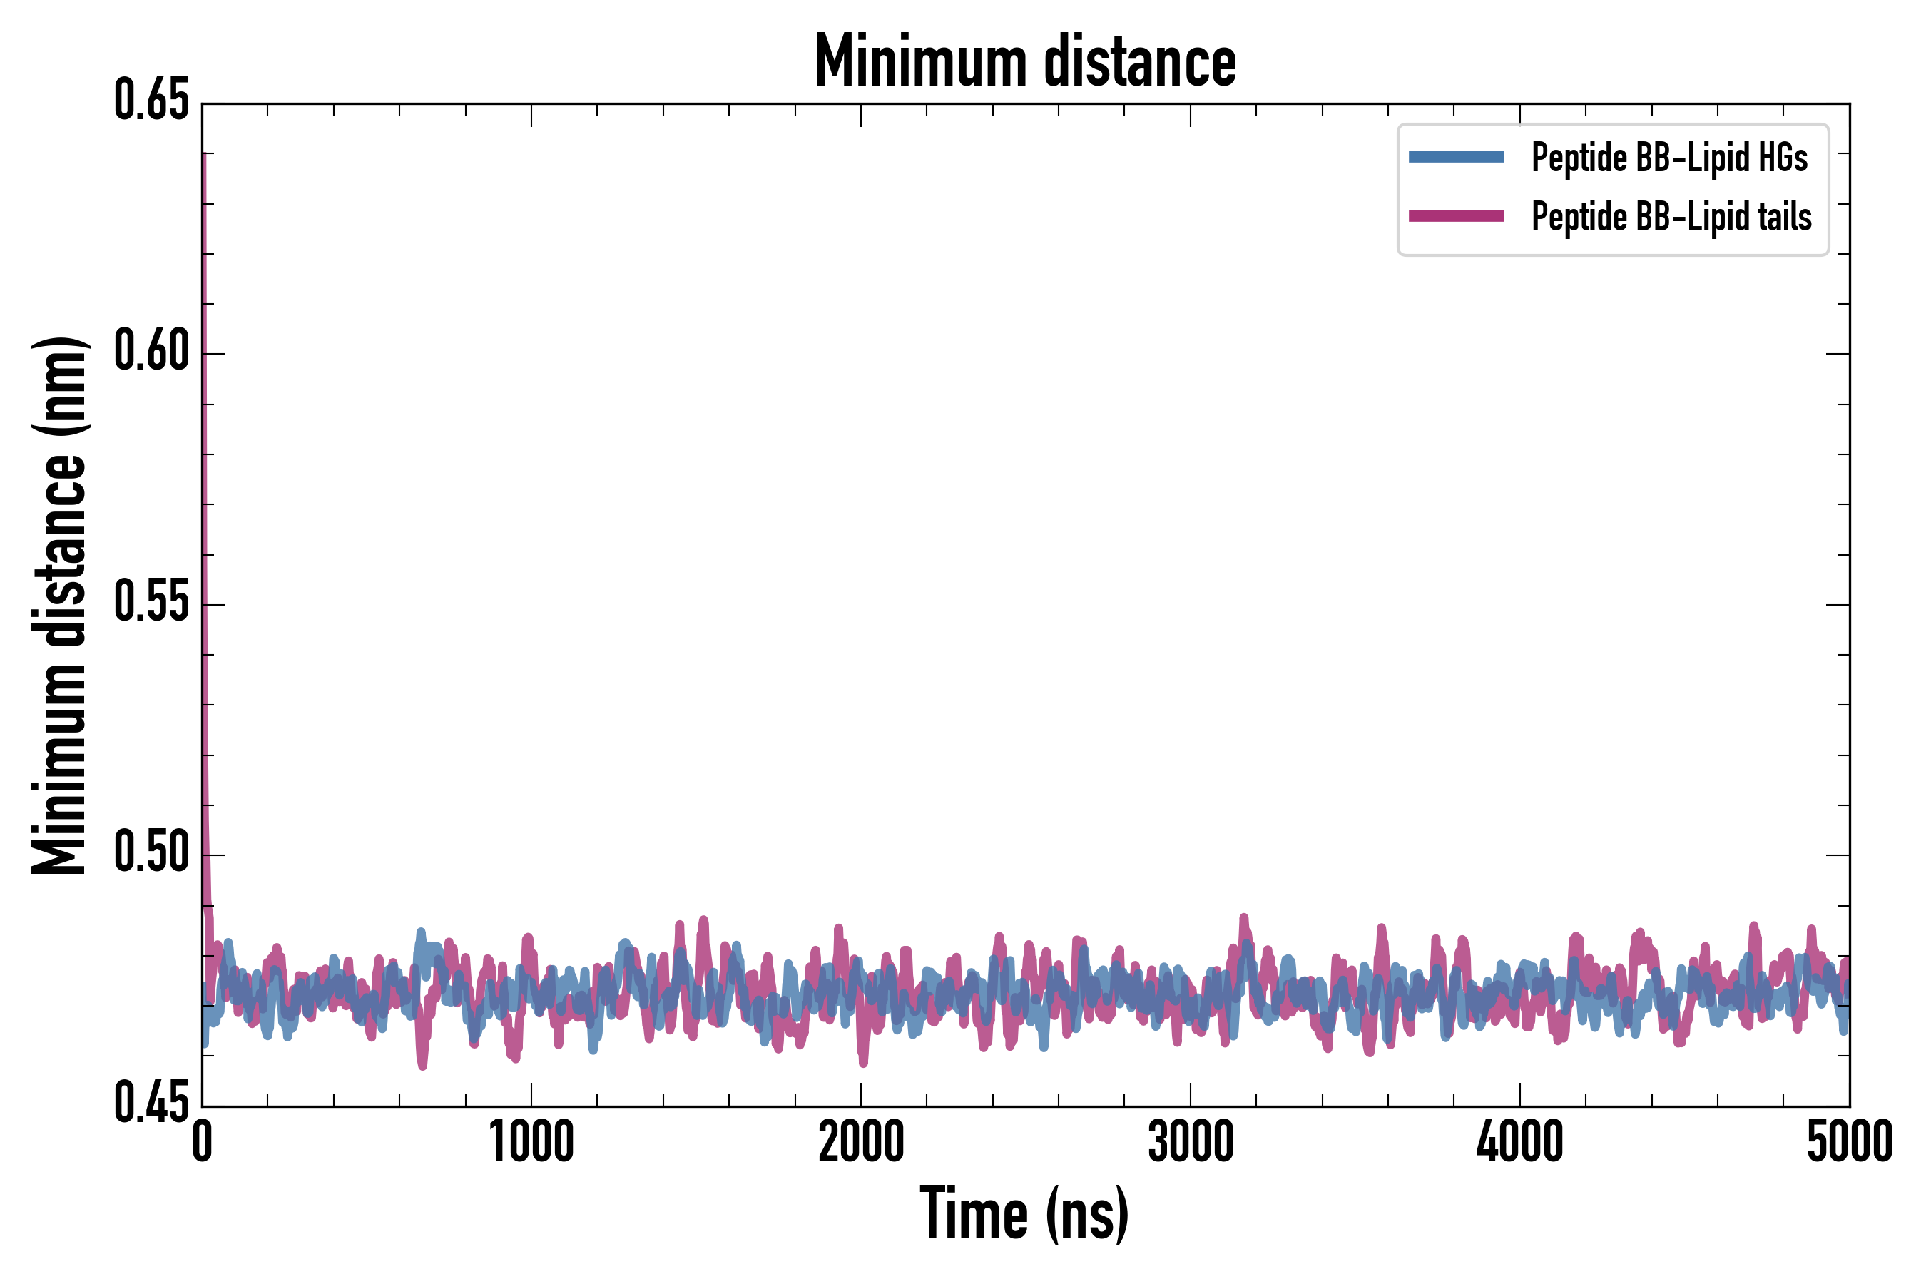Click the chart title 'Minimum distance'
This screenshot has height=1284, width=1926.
coord(1025,61)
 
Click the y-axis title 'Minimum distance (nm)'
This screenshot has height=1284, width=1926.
coord(59,605)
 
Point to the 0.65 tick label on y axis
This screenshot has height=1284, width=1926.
coord(151,101)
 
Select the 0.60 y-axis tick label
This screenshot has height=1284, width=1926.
coord(151,352)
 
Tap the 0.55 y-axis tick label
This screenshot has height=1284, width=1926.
coord(151,603)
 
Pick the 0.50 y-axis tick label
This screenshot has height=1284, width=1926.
coord(151,854)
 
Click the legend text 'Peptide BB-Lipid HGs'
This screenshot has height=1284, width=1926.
coord(1669,157)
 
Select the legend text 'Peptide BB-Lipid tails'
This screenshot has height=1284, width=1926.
coord(1671,217)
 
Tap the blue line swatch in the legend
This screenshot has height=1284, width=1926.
coord(1456,157)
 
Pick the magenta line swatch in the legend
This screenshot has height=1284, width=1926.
coord(1456,216)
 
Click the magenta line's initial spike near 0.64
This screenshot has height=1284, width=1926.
coord(204,160)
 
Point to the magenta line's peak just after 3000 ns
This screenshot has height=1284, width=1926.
coord(1244,919)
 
